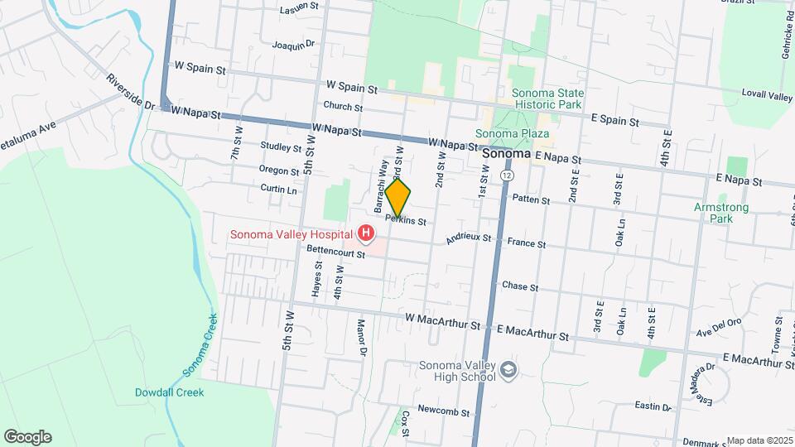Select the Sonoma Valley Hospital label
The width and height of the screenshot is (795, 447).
(292, 234)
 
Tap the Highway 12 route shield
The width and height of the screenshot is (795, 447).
(506, 175)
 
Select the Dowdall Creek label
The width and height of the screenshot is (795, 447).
(169, 392)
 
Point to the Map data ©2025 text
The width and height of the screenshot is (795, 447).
(759, 440)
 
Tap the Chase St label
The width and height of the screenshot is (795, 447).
(520, 286)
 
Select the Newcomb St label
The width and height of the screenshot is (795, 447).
(443, 411)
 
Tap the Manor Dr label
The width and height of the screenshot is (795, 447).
(361, 339)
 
